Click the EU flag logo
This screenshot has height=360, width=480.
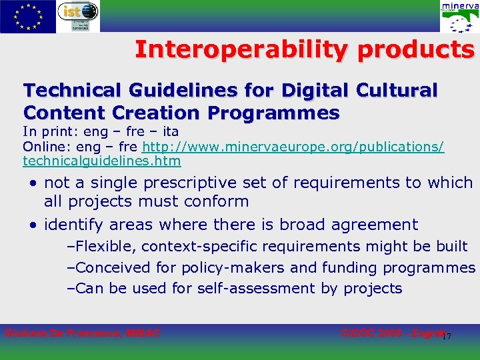[28, 17]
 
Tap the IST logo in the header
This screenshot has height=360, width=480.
[78, 16]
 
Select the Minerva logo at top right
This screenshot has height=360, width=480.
[459, 17]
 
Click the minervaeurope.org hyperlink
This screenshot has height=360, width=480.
[293, 146]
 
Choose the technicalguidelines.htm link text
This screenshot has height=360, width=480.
[101, 161]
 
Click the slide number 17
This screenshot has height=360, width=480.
[447, 336]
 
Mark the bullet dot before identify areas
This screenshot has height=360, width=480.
[33, 225]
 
